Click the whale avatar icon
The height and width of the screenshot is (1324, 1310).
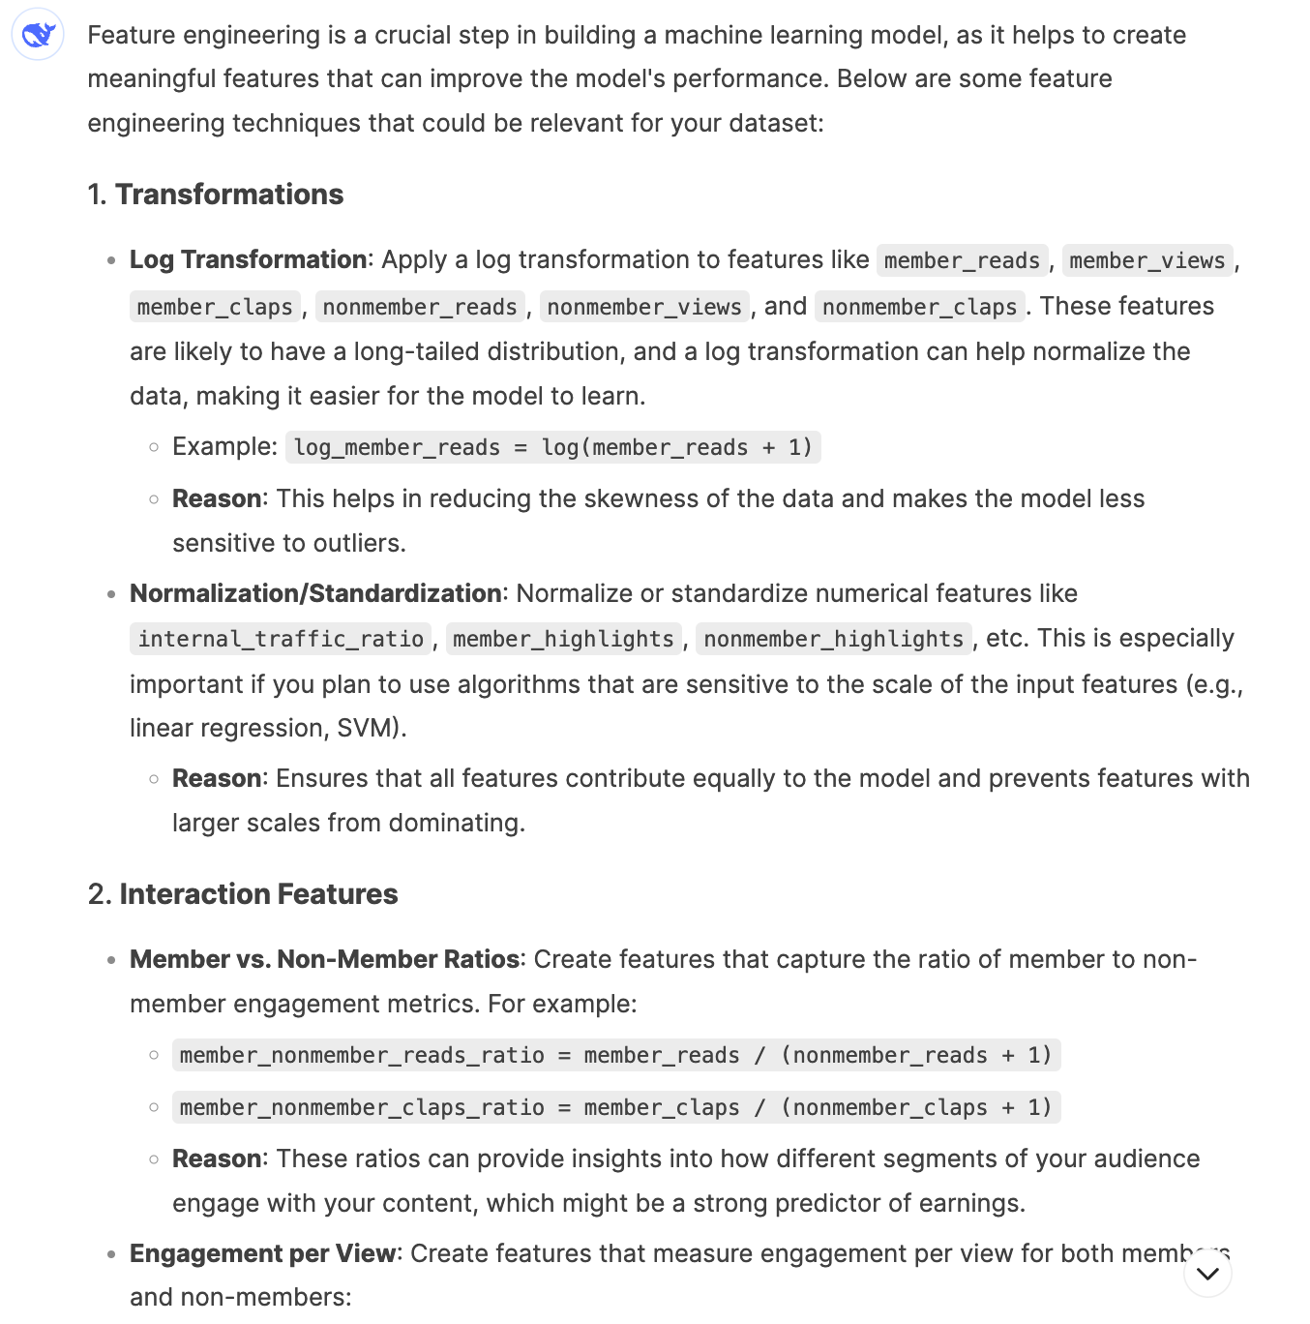38,36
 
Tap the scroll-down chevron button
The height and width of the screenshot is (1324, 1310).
1207,1274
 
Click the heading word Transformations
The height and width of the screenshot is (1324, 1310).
229,195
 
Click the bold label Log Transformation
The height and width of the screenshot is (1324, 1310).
248,260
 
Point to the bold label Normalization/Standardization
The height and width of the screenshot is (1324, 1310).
315,593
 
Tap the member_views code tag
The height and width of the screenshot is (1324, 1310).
1147,261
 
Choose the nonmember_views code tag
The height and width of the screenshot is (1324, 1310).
644,307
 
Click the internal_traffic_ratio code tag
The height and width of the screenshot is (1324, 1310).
281,639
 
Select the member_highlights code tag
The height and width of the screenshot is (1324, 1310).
563,639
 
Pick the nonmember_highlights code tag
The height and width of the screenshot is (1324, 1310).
833,639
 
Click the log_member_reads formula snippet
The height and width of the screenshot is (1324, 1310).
553,447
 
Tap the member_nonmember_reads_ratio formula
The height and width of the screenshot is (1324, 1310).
615,1055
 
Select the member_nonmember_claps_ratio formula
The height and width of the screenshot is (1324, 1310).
615,1107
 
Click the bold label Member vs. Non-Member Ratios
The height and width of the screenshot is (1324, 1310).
324,959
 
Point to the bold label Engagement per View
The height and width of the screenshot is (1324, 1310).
262,1253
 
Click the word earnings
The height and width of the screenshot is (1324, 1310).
971,1203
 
